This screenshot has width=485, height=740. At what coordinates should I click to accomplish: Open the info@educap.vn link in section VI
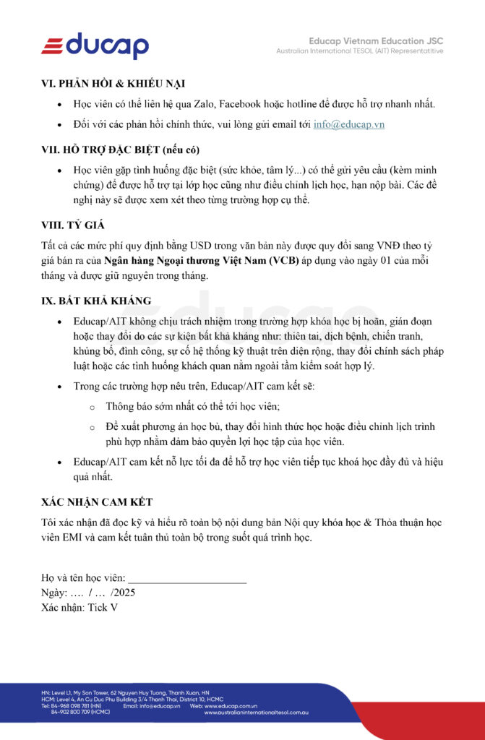pos(348,124)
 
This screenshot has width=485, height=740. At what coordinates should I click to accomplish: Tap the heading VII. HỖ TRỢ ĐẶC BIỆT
pos(120,150)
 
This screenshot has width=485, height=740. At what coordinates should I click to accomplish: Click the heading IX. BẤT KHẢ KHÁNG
pos(96,301)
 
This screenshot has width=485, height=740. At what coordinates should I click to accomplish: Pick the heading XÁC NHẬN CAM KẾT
pos(97,502)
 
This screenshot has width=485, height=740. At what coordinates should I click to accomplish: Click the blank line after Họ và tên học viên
pos(187,578)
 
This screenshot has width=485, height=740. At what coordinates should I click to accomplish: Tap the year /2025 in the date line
pos(123,593)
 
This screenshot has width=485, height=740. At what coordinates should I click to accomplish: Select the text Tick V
pos(103,608)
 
